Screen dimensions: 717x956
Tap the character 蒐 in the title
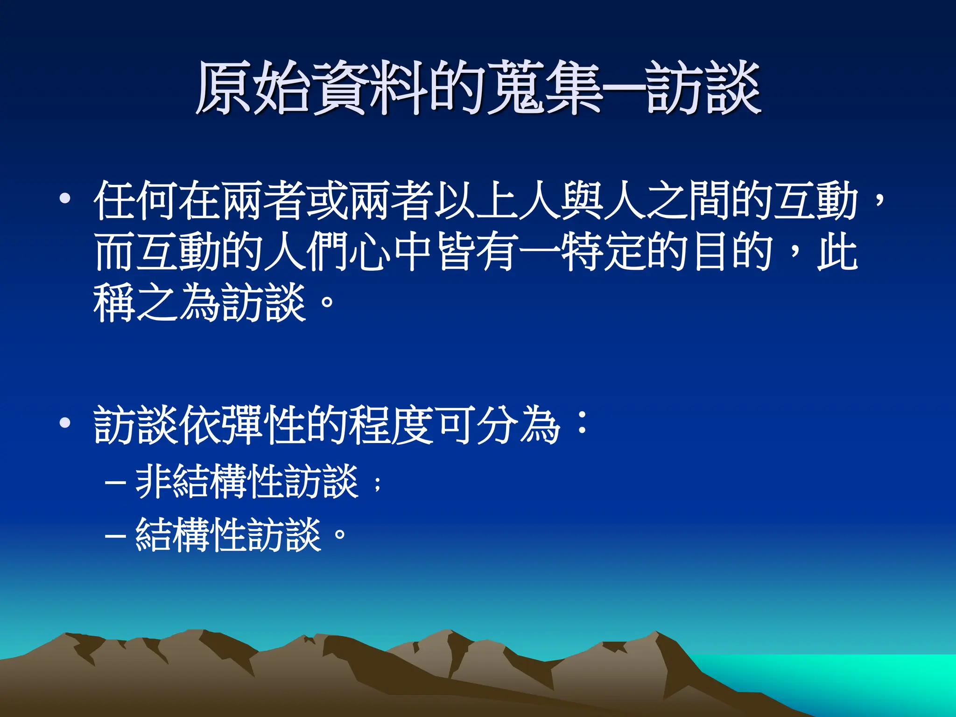(515, 88)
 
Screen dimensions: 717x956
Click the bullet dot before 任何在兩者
(65, 199)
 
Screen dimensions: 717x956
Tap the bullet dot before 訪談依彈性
(65, 423)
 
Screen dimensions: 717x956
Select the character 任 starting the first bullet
(115, 201)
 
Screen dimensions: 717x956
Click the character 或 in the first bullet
(327, 201)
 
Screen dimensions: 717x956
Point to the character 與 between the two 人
(581, 201)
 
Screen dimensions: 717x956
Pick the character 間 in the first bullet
(710, 201)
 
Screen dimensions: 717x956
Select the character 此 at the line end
(838, 252)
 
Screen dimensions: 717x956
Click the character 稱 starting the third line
(115, 303)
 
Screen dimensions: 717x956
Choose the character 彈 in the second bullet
(242, 425)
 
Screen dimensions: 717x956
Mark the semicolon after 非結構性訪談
(378, 484)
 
